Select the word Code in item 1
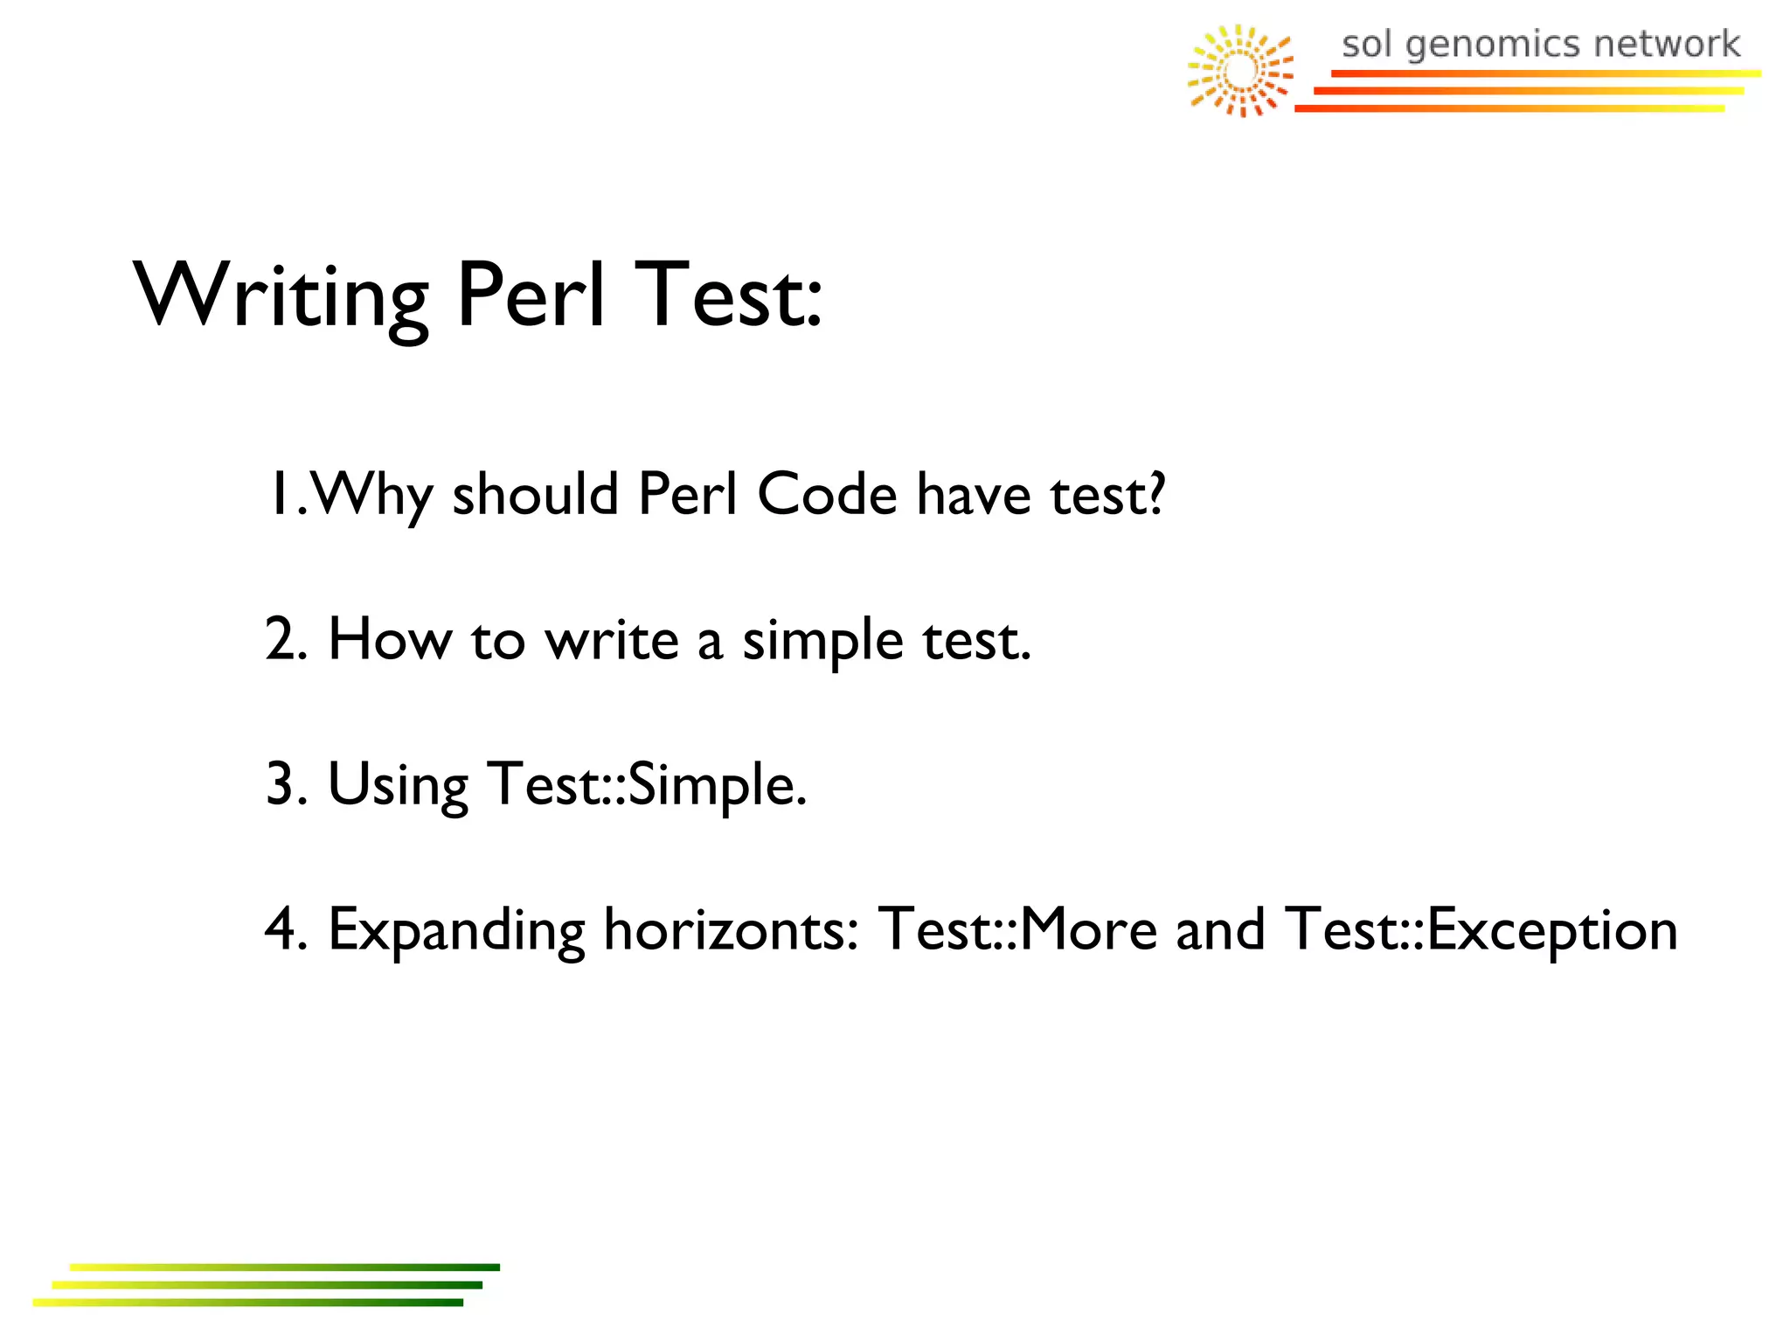pyautogui.click(x=827, y=494)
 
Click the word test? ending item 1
pyautogui.click(x=1107, y=494)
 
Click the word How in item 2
pyautogui.click(x=390, y=639)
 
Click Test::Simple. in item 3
pyautogui.click(x=647, y=784)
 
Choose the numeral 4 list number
pyautogui.click(x=281, y=929)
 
